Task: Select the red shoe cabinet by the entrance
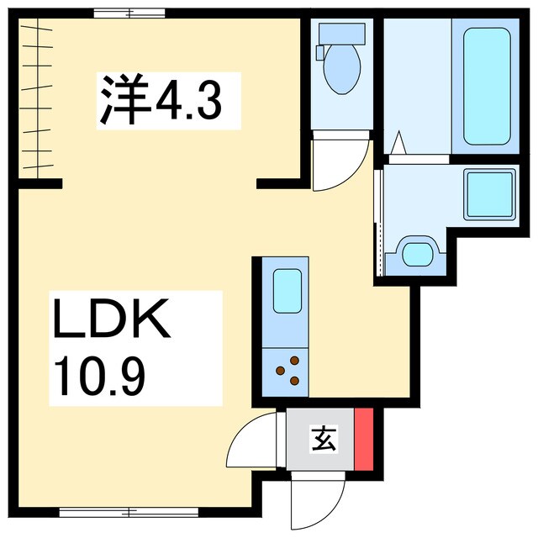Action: [x=364, y=440]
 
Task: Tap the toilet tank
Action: [x=341, y=34]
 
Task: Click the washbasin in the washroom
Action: [x=418, y=252]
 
